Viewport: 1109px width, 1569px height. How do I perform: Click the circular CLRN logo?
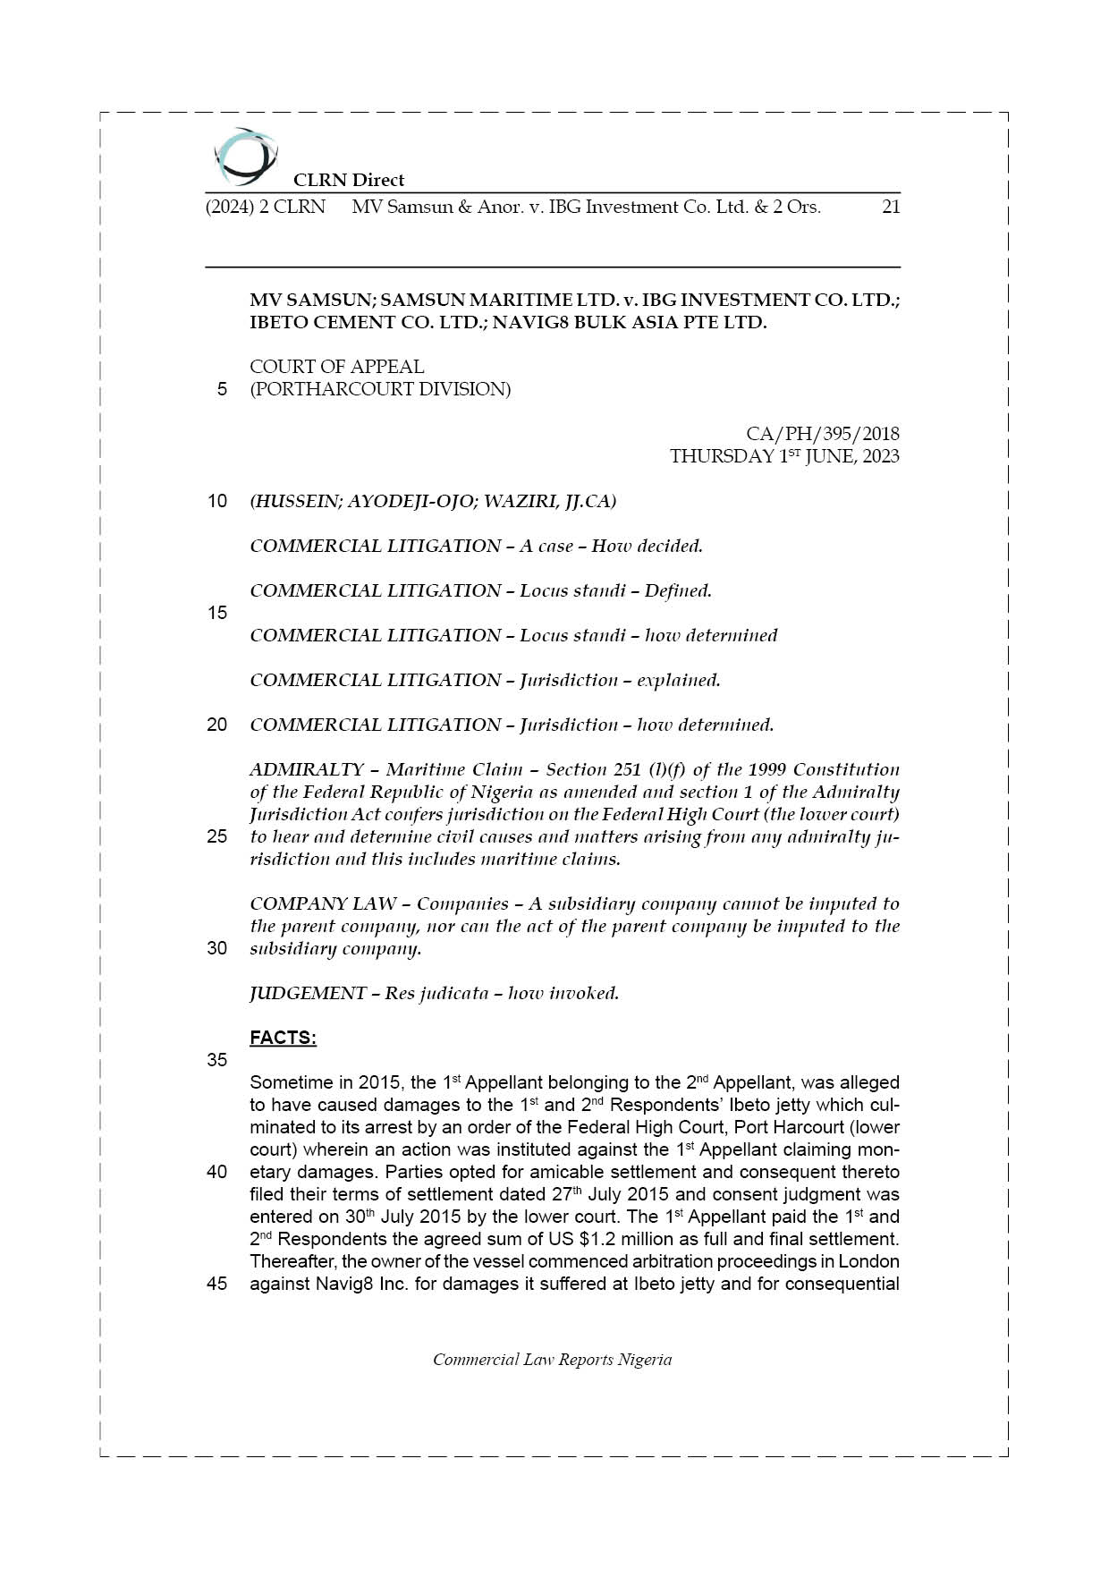244,157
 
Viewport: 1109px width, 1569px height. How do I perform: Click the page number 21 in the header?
890,207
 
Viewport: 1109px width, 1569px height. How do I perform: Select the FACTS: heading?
283,1038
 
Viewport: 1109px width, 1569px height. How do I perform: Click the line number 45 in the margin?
217,1284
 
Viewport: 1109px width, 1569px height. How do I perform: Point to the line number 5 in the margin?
222,389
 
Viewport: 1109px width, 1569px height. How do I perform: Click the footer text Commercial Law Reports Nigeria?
552,1360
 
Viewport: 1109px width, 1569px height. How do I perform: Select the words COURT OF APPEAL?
337,367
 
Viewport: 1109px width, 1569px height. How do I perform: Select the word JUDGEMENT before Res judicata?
308,993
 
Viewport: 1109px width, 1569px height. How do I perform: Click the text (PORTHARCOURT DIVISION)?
380,389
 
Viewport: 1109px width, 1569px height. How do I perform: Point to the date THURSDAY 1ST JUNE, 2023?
784,456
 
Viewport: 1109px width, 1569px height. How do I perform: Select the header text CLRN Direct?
349,180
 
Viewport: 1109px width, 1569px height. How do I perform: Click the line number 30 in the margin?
217,948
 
